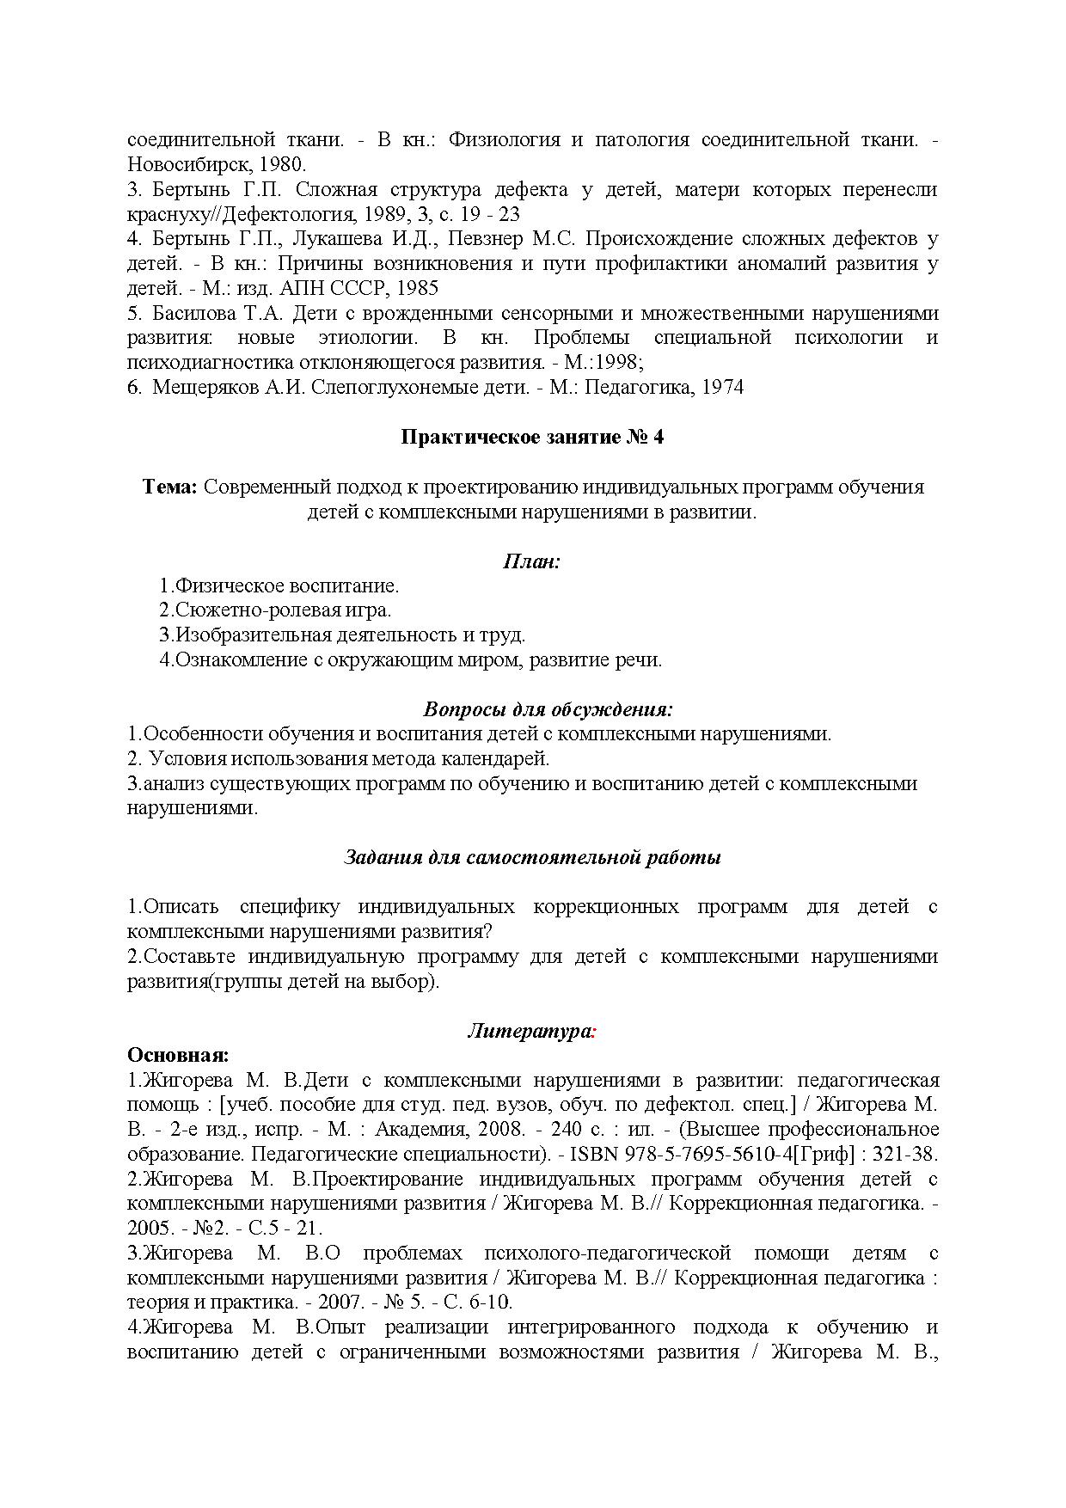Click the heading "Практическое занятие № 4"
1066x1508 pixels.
pyautogui.click(x=532, y=438)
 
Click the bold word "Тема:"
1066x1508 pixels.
pyautogui.click(x=170, y=487)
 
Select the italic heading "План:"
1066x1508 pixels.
pyautogui.click(x=531, y=562)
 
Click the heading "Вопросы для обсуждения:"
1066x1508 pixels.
pyautogui.click(x=548, y=710)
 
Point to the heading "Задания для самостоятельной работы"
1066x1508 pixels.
pyautogui.click(x=532, y=858)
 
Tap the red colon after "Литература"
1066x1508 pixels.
pyautogui.click(x=594, y=1032)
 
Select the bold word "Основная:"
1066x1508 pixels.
pyautogui.click(x=178, y=1055)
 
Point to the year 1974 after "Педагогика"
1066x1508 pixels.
pyautogui.click(x=722, y=388)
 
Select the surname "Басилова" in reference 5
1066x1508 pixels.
pyautogui.click(x=192, y=313)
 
